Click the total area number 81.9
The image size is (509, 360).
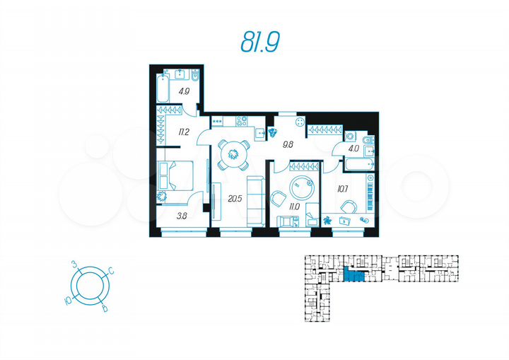pos(260,42)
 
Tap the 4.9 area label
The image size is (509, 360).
pos(184,91)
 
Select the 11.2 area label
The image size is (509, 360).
pos(183,131)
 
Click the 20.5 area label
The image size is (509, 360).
pos(235,199)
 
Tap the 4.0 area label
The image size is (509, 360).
pos(353,149)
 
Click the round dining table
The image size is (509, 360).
pos(232,152)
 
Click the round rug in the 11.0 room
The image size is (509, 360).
pos(305,189)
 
